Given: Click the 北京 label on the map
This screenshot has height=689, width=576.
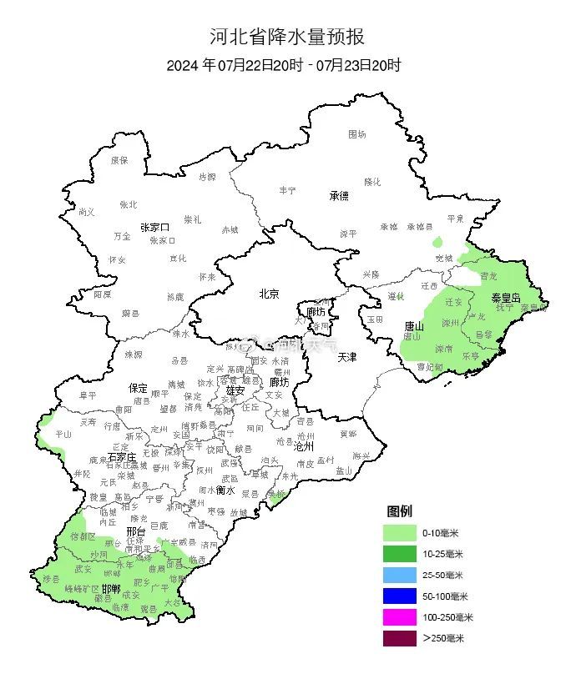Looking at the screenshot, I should pyautogui.click(x=269, y=293).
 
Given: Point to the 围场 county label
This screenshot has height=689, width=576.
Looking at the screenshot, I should pyautogui.click(x=356, y=133).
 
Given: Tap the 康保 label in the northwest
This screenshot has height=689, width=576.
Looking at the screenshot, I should pyautogui.click(x=119, y=159).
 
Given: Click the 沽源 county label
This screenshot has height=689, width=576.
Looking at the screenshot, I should pyautogui.click(x=206, y=177).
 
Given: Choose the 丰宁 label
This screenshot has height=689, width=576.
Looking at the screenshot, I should pyautogui.click(x=287, y=190).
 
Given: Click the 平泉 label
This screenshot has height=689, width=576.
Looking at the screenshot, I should pyautogui.click(x=455, y=218).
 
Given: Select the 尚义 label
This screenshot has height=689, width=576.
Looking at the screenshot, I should pyautogui.click(x=86, y=212).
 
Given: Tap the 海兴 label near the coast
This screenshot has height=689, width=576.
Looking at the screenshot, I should pyautogui.click(x=361, y=455).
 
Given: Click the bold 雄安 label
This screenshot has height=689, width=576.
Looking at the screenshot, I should pyautogui.click(x=235, y=390).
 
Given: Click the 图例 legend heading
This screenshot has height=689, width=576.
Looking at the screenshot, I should pyautogui.click(x=399, y=510).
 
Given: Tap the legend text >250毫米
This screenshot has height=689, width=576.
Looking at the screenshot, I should pyautogui.click(x=443, y=638).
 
